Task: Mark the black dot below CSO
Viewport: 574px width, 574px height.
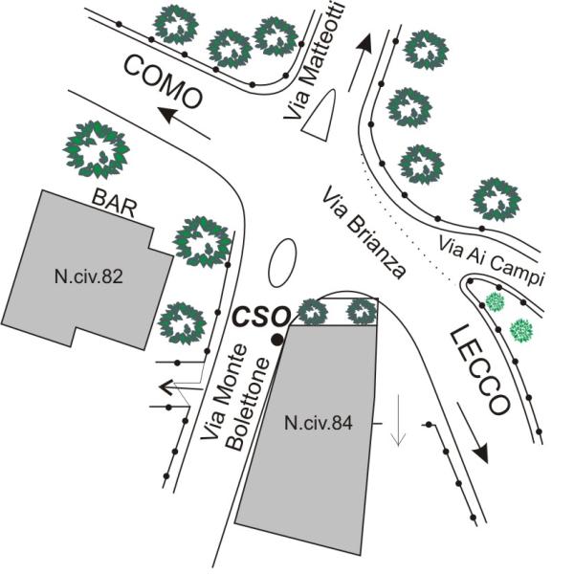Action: pos(276,340)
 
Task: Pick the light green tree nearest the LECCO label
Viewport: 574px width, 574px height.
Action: pos(495,302)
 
